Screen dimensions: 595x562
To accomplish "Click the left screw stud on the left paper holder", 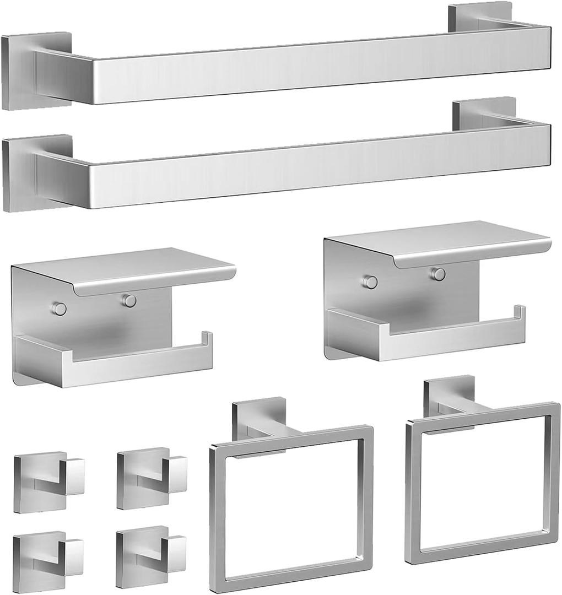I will pyautogui.click(x=60, y=309).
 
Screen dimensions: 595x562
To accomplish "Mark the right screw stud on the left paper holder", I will pyautogui.click(x=129, y=301).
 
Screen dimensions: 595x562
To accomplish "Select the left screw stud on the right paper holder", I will pyautogui.click(x=370, y=282).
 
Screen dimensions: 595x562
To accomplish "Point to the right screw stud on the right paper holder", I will pyautogui.click(x=439, y=274).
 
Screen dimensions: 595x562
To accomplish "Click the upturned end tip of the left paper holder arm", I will pyautogui.click(x=207, y=337).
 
